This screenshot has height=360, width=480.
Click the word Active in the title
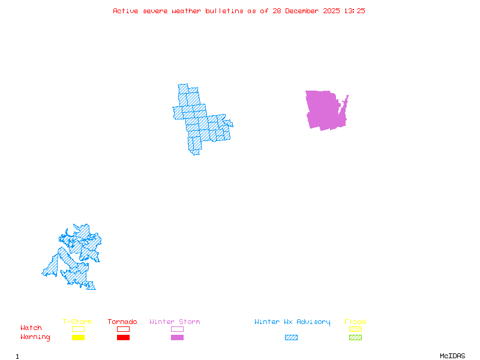click(125, 11)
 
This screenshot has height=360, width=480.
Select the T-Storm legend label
click(77, 322)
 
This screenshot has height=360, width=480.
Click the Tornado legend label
click(122, 322)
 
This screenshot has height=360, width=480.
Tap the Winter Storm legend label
click(175, 322)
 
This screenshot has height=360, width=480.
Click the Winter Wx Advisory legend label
click(292, 322)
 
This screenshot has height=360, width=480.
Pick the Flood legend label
click(355, 322)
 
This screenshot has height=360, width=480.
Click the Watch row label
click(31, 328)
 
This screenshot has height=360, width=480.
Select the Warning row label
click(35, 337)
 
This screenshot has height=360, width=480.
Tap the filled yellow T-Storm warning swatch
click(78, 338)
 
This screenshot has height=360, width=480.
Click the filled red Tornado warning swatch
click(123, 338)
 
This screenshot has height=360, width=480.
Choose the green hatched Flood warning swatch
click(355, 338)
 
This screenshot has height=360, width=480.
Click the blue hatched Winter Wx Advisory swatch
click(291, 338)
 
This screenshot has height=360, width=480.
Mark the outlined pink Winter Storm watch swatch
click(177, 329)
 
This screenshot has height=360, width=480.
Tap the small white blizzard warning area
click(227, 116)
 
